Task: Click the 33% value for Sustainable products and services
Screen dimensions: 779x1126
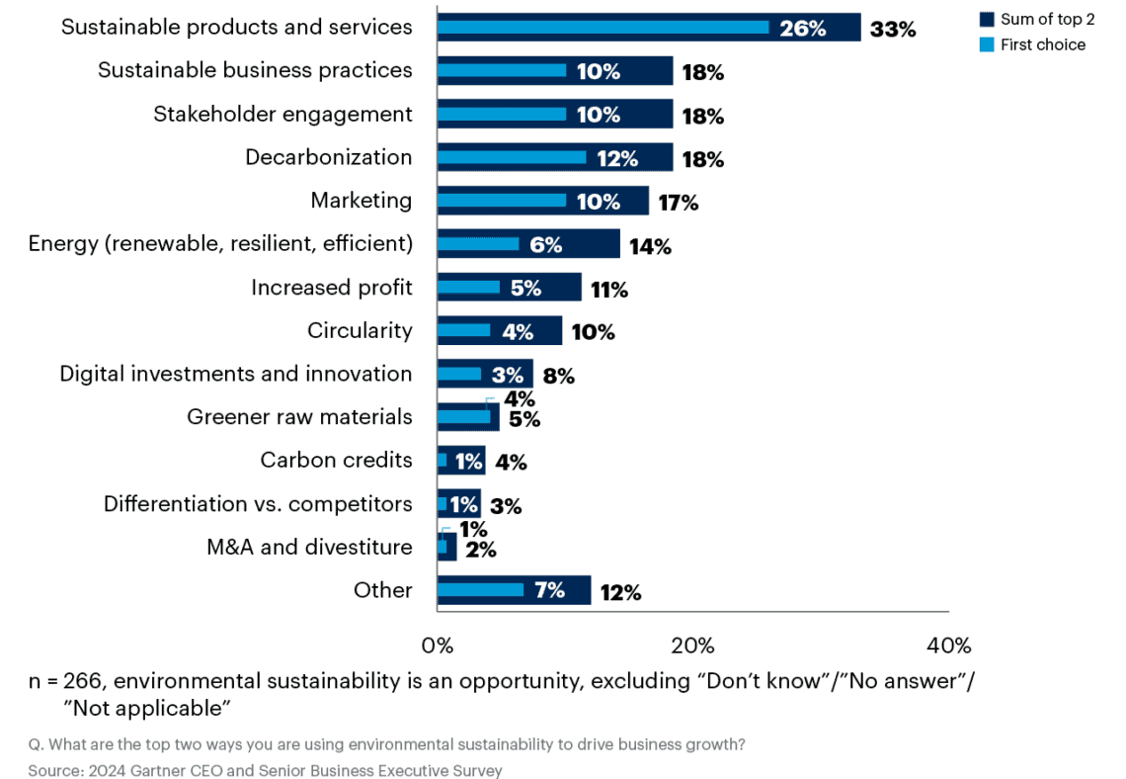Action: coord(893,29)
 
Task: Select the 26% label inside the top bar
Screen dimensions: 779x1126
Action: coord(802,29)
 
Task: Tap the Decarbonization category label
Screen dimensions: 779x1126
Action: coord(329,157)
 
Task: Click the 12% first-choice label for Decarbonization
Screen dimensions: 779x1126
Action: coord(617,159)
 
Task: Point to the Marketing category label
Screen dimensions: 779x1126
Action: coord(362,201)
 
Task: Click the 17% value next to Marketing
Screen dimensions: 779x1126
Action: coord(678,203)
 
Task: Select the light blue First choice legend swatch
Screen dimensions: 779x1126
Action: coord(987,44)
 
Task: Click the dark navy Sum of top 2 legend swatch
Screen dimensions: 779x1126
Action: coord(987,20)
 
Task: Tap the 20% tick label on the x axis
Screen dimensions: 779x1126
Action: coord(692,646)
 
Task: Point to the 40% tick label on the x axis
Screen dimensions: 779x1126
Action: coord(948,646)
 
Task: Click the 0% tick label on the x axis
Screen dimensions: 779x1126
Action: coord(438,646)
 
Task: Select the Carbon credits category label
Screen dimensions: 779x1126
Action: coord(336,461)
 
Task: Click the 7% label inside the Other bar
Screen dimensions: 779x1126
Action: coord(549,591)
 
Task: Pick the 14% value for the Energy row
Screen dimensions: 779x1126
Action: coord(650,247)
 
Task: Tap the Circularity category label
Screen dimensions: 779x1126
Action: coord(360,330)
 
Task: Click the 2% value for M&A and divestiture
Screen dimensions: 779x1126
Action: coord(480,550)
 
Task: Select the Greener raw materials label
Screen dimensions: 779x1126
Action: coord(299,417)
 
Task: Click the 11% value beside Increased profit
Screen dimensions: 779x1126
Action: coord(609,290)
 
